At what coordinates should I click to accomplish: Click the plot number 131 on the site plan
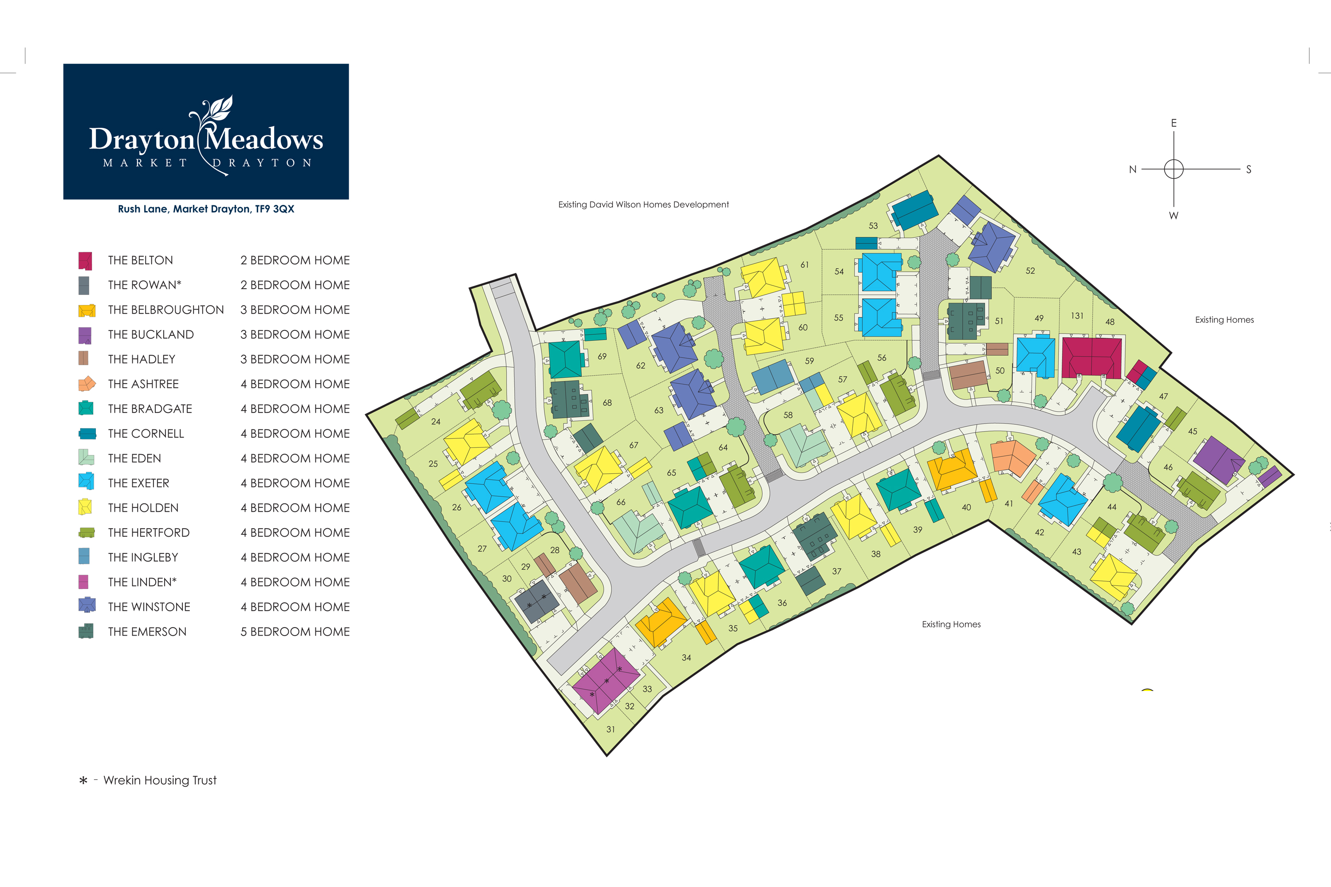pyautogui.click(x=1077, y=316)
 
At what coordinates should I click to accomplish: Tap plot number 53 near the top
pyautogui.click(x=873, y=226)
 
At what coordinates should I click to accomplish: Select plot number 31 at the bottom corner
pyautogui.click(x=610, y=729)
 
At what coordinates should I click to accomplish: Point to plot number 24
pyautogui.click(x=436, y=421)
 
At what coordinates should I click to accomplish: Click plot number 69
pyautogui.click(x=602, y=357)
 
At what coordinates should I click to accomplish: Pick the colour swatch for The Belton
pyautogui.click(x=86, y=261)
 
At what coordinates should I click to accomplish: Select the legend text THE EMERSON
pyautogui.click(x=147, y=632)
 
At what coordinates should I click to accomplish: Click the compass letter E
pyautogui.click(x=1173, y=123)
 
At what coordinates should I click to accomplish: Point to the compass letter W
pyautogui.click(x=1173, y=216)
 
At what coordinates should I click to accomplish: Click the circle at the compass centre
pyautogui.click(x=1173, y=169)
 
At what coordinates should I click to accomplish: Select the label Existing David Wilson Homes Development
pyautogui.click(x=643, y=205)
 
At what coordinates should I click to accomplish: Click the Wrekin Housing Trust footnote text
pyautogui.click(x=160, y=781)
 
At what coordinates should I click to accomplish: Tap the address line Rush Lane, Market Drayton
pyautogui.click(x=206, y=209)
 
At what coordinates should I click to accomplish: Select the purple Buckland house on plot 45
pyautogui.click(x=1219, y=460)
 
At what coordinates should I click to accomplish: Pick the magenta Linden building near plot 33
pyautogui.click(x=606, y=680)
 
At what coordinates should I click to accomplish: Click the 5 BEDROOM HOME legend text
pyautogui.click(x=295, y=632)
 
